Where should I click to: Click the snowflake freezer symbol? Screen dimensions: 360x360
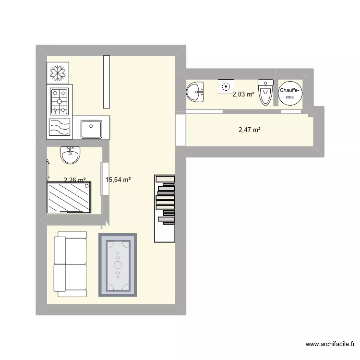click(59, 73)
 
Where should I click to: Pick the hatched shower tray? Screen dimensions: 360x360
click(69, 197)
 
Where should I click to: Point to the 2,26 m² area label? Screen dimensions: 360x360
click(75, 180)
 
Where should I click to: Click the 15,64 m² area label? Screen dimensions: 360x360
click(118, 180)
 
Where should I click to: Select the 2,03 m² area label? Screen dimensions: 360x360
click(243, 95)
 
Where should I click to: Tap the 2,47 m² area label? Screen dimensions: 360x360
click(250, 129)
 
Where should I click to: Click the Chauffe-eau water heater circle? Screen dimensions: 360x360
click(290, 93)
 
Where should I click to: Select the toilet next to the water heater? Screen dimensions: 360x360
click(265, 92)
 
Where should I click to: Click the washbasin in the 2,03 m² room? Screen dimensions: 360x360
click(195, 92)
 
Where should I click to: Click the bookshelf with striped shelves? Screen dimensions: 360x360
click(165, 208)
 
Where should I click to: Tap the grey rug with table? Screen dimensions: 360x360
click(118, 264)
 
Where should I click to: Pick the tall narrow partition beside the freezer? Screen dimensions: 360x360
click(107, 82)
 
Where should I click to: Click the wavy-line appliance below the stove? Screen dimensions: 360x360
click(59, 128)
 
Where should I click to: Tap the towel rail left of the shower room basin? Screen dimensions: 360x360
click(48, 169)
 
